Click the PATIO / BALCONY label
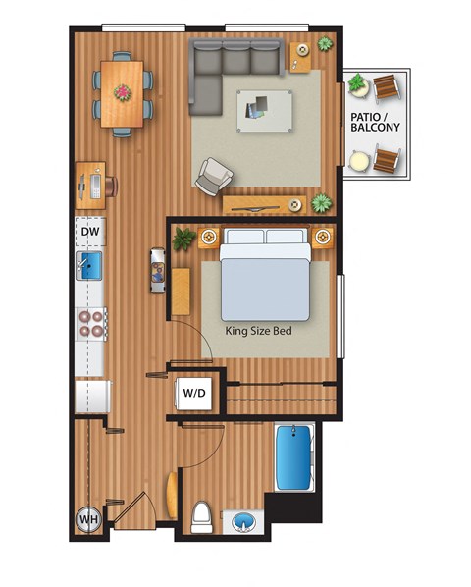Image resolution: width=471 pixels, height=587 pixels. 374,121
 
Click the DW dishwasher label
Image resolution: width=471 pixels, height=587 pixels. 90,232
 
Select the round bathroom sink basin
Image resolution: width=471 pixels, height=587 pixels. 241,521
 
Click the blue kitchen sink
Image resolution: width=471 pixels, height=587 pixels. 89,265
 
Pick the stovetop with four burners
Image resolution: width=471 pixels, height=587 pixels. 91,324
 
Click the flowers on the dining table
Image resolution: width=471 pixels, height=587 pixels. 123,92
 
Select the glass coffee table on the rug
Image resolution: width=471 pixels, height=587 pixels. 264,108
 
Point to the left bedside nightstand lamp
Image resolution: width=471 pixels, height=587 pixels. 208,238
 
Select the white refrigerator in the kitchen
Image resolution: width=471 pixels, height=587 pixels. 90,398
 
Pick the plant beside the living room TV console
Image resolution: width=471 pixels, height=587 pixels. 321,203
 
